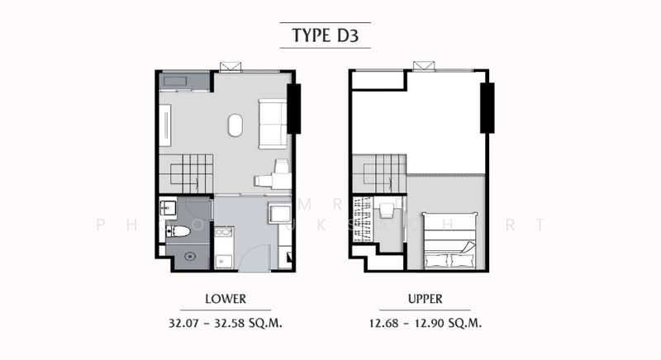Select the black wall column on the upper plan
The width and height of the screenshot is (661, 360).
click(x=487, y=108)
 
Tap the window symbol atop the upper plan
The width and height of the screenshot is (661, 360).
click(x=423, y=66)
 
